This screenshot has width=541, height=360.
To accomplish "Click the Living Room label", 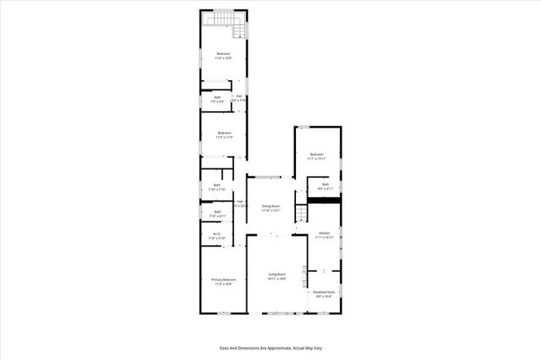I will (x=277, y=275).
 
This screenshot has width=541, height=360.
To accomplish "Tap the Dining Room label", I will (x=270, y=205).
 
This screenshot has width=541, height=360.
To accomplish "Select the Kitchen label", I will (x=324, y=233).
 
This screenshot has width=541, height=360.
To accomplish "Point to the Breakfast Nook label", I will (x=325, y=292).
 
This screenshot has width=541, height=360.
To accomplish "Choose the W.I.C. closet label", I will (x=217, y=234).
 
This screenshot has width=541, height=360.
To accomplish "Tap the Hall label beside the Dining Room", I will (x=240, y=201).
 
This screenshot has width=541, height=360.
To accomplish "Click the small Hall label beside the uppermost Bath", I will (x=239, y=96).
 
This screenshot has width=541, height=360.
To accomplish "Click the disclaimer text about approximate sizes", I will (x=270, y=347).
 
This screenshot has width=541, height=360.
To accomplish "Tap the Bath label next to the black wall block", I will (x=325, y=184).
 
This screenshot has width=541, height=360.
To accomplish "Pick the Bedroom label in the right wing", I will (x=317, y=154).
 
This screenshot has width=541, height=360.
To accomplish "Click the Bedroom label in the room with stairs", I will (x=223, y=53).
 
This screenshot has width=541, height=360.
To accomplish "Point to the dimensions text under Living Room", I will (x=277, y=279).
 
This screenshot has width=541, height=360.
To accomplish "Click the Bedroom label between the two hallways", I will (x=224, y=133).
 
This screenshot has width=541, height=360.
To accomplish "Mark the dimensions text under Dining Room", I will (x=270, y=210).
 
